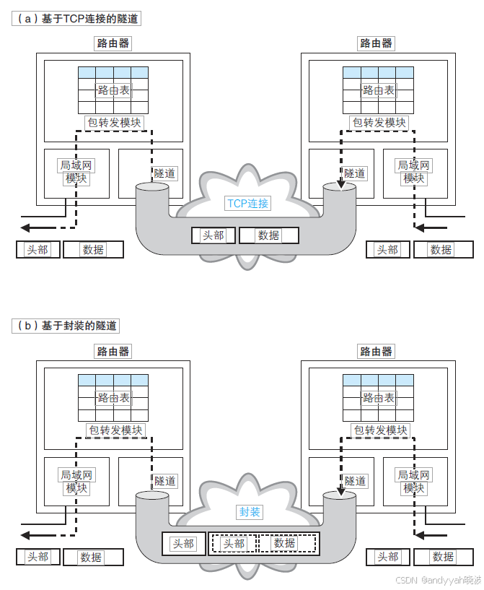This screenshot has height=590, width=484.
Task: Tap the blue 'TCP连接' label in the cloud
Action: click(247, 204)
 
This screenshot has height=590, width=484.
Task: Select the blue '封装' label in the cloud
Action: click(250, 512)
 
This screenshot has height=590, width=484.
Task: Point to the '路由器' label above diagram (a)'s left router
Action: click(113, 43)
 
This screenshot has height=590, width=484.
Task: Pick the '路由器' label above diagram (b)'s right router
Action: click(377, 352)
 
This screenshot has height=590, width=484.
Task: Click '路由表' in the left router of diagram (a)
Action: click(113, 90)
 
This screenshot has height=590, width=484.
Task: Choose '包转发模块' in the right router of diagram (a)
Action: click(379, 123)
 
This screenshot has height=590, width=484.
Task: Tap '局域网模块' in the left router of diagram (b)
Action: click(76, 482)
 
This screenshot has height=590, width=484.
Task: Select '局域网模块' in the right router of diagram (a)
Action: click(414, 172)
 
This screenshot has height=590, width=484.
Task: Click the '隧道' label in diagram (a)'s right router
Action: click(355, 173)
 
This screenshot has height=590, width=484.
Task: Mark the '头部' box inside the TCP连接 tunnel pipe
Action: click(213, 235)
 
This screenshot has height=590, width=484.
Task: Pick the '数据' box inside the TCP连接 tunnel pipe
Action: click(268, 235)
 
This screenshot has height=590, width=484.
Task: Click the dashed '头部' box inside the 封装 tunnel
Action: click(233, 544)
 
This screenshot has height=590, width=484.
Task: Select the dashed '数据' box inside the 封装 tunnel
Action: click(285, 543)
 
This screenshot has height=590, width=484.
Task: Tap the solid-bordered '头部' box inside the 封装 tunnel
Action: click(182, 544)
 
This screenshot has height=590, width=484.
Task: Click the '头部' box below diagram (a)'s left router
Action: click(37, 250)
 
